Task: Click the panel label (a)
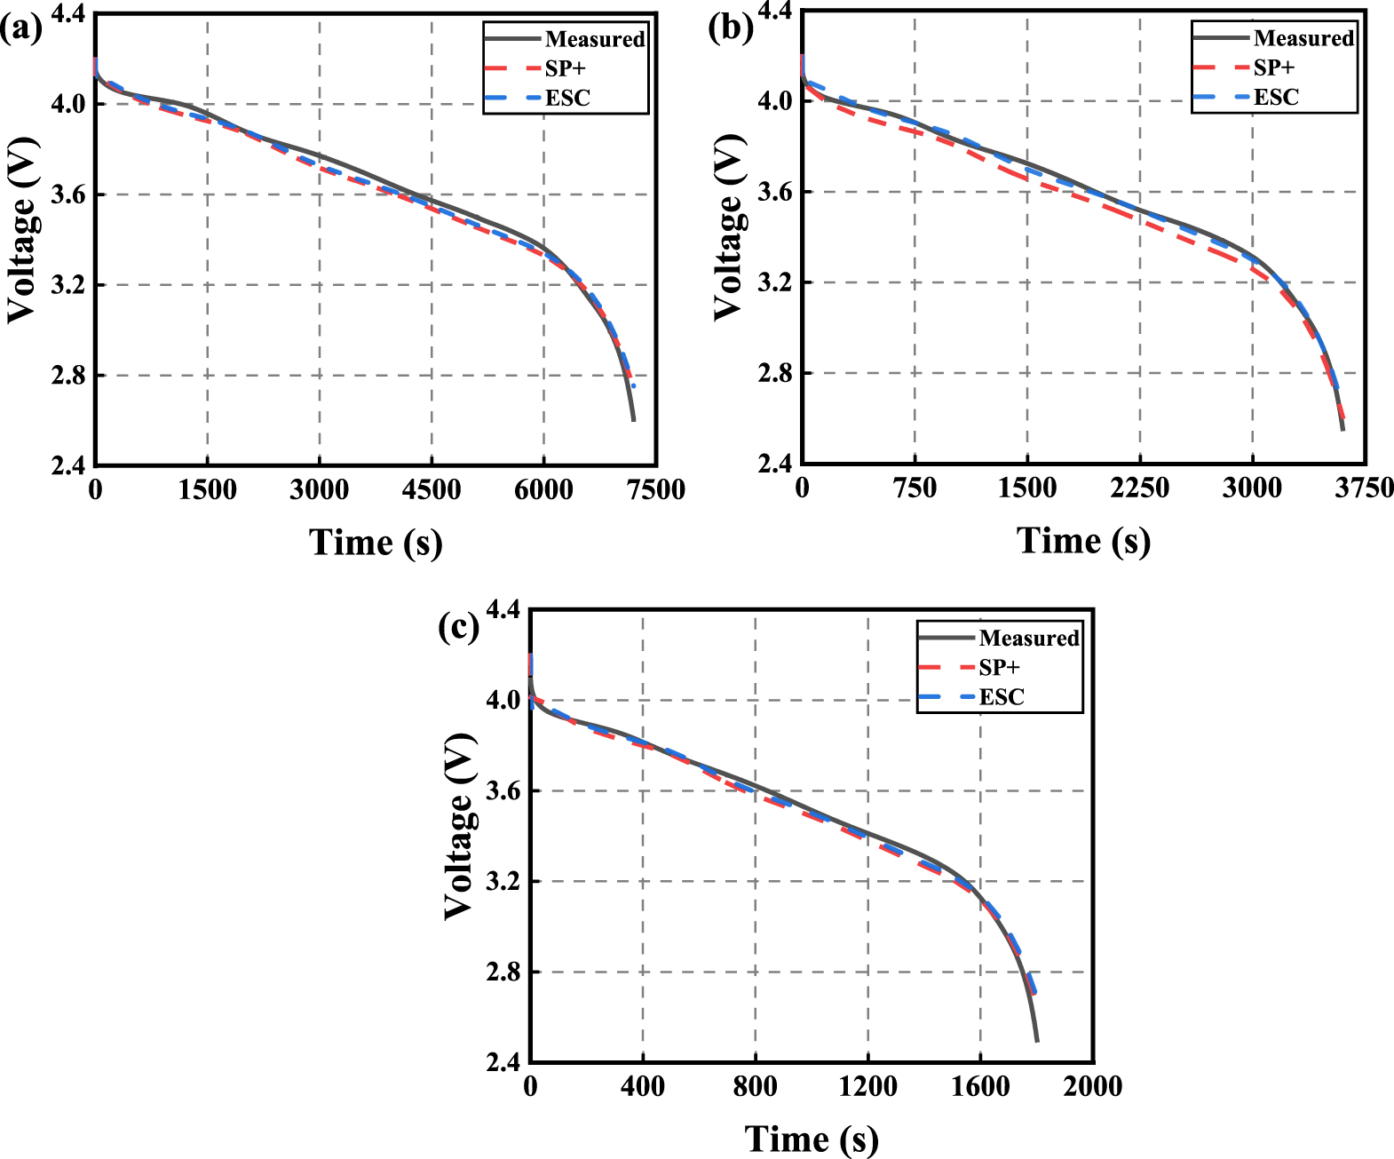[x=20, y=29]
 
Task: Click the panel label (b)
[x=730, y=28]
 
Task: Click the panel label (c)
[x=459, y=627]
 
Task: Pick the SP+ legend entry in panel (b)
[x=1273, y=67]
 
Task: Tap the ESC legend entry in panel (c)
[x=1001, y=697]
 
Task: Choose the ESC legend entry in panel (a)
[x=566, y=98]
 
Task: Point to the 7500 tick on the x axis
[x=656, y=489]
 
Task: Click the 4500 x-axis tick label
[x=432, y=489]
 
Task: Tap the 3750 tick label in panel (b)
[x=1365, y=488]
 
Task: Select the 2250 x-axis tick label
[x=1139, y=488]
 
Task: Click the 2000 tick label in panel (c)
[x=1093, y=1086]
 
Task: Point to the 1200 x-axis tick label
[x=867, y=1086]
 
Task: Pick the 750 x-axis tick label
[x=915, y=488]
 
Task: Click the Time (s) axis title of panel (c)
[x=811, y=1139]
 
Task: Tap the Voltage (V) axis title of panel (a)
[x=23, y=231]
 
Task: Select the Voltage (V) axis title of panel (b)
[x=730, y=228]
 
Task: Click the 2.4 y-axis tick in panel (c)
[x=503, y=1061]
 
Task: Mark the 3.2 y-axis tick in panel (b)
[x=775, y=282]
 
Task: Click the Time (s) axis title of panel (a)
[x=376, y=542]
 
